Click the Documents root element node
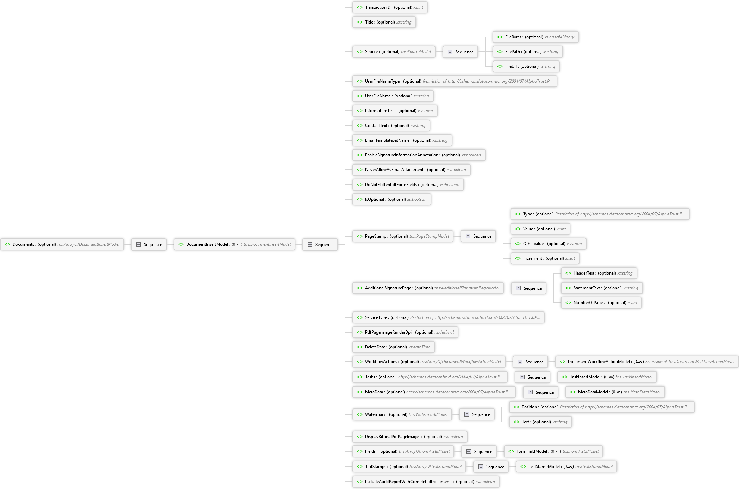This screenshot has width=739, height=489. click(62, 244)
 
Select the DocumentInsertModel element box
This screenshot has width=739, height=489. click(234, 244)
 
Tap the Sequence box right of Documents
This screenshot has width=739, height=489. click(149, 244)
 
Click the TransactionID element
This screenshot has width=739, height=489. click(390, 7)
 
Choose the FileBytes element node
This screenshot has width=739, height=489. click(536, 37)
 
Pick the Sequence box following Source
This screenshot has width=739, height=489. click(460, 52)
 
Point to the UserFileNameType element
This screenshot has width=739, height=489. click(455, 81)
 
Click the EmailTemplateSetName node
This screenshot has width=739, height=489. click(402, 140)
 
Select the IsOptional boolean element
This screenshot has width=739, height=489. click(392, 199)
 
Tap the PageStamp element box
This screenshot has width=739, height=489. click(403, 236)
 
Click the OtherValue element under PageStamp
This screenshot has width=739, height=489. click(549, 244)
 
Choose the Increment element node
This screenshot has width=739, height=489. click(545, 258)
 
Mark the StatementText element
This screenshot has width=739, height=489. click(602, 288)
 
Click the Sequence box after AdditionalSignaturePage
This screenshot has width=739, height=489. click(528, 288)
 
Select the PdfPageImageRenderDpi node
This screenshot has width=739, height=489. click(405, 332)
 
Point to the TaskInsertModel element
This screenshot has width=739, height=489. click(607, 377)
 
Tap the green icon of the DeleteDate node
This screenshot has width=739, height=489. click(359, 347)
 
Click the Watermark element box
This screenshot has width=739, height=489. click(402, 414)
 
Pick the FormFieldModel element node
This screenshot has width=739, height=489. click(553, 451)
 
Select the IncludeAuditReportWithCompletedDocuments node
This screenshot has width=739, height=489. click(426, 482)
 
